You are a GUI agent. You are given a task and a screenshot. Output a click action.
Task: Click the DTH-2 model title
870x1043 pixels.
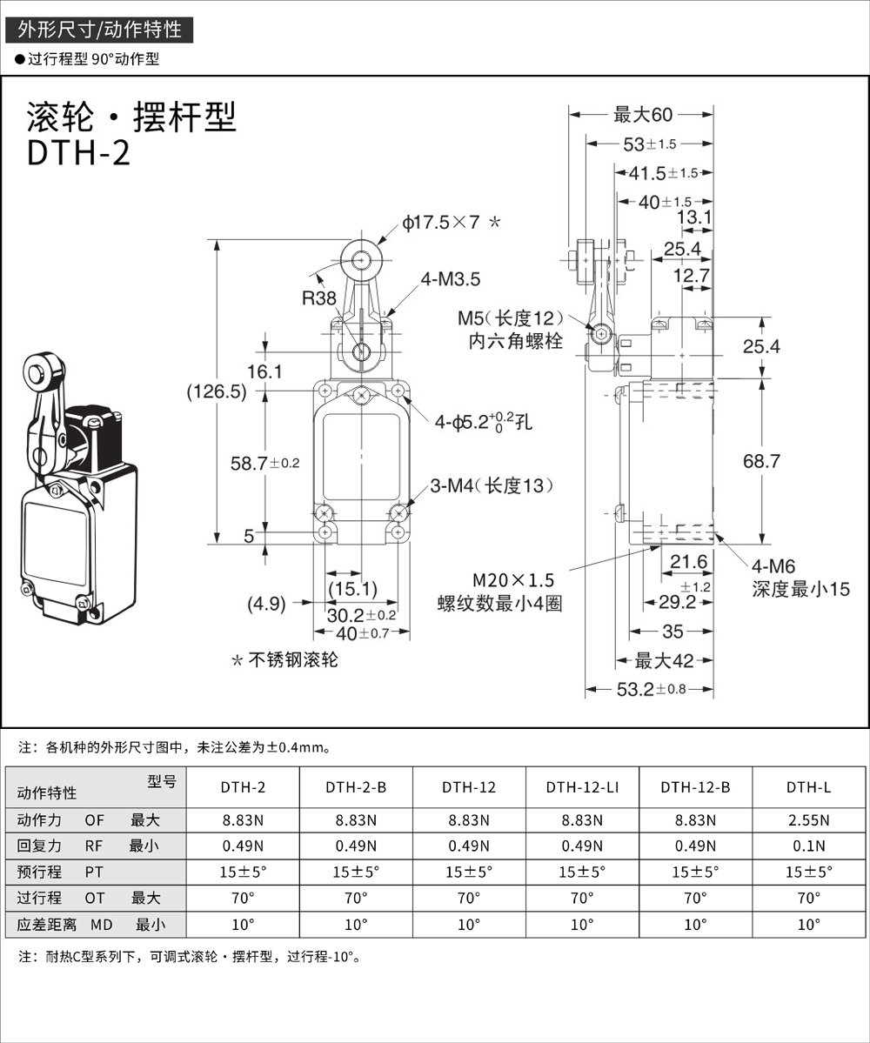click(x=79, y=152)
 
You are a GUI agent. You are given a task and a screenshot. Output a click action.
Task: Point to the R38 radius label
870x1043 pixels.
click(x=318, y=298)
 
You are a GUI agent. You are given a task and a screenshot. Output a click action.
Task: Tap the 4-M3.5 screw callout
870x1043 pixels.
click(x=450, y=279)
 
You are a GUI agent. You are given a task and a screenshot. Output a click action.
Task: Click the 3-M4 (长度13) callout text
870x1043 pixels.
click(x=492, y=485)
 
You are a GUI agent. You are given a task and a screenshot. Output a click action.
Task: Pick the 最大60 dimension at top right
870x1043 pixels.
click(x=643, y=114)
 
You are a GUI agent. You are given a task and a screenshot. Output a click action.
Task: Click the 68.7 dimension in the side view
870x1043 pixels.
click(x=761, y=461)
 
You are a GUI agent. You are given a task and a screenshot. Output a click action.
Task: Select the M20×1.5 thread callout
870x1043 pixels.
click(x=513, y=580)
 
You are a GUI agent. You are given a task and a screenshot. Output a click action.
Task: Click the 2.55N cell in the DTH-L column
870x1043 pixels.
click(x=809, y=819)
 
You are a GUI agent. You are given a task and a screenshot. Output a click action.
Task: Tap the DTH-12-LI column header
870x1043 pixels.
click(x=582, y=787)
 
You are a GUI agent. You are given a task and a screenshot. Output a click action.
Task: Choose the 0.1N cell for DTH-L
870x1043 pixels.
click(x=809, y=846)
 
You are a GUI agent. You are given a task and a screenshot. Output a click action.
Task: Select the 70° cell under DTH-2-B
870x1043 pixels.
click(x=356, y=898)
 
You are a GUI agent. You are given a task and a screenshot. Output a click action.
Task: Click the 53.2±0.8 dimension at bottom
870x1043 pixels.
click(x=651, y=690)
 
